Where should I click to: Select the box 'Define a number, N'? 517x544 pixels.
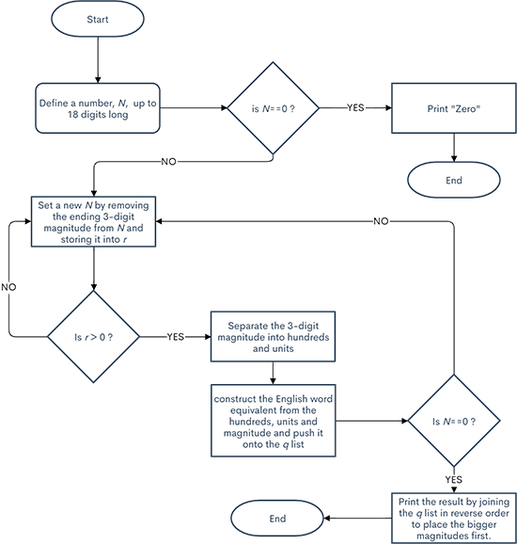[97, 107]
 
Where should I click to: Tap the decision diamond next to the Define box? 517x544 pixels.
[272, 107]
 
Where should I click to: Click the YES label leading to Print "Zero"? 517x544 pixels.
[355, 107]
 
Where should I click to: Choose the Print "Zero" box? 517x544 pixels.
[455, 107]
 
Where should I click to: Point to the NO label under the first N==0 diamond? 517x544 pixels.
[169, 162]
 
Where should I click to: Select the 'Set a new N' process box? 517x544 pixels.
[94, 222]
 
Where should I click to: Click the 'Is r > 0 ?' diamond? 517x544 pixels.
[94, 335]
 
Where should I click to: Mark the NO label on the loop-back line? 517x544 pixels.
[381, 221]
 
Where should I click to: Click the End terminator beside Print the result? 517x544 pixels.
[279, 517]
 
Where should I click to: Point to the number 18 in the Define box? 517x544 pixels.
[50, 114]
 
